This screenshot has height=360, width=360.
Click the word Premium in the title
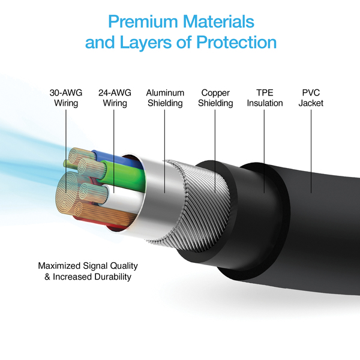142,22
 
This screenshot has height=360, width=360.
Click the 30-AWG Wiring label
66,98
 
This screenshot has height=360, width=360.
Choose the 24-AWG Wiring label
115,98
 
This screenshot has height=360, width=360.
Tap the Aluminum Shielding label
165,98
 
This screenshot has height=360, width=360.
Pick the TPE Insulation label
265,98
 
